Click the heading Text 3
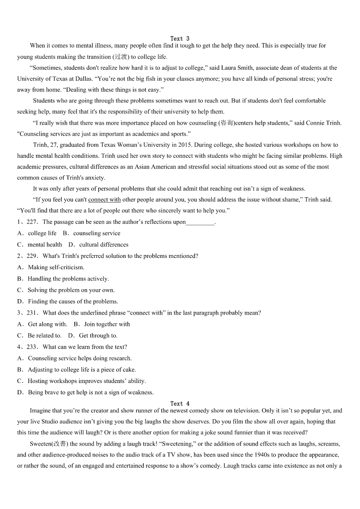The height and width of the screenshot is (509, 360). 180,39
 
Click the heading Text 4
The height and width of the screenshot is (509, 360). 180,403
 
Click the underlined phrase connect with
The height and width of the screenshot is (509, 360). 104,199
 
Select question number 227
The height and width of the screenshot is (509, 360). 33,222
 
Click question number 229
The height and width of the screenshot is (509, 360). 33,256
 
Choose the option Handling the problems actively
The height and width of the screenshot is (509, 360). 68,279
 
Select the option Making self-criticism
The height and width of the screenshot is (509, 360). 56,267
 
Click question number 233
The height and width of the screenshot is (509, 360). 33,347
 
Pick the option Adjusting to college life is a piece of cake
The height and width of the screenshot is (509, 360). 82,369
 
